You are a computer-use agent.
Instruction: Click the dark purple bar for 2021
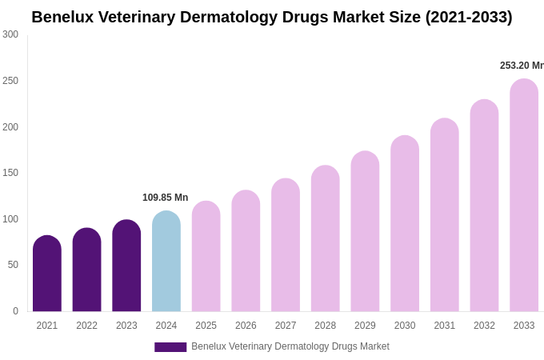point(47,274)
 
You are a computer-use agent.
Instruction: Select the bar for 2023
point(126,266)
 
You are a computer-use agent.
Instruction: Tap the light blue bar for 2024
point(166,262)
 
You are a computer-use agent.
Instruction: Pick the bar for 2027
point(286,245)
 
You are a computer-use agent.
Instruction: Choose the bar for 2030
point(405,224)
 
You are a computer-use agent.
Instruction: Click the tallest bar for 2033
point(524,195)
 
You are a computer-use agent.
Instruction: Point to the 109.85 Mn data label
point(165,198)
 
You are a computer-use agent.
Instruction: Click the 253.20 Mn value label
point(522,66)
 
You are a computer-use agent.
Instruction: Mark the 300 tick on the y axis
point(10,34)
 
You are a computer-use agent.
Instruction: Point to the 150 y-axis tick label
point(10,173)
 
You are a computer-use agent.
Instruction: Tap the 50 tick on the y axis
point(13,265)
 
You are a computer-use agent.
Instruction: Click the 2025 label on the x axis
point(206,326)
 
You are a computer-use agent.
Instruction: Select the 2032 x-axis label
point(484,326)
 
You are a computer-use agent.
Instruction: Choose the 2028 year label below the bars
point(326,326)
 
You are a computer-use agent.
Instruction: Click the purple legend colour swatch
point(170,347)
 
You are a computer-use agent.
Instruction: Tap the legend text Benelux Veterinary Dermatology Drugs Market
point(290,346)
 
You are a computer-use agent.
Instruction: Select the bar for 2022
point(87,270)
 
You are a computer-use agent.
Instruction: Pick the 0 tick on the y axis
point(15,311)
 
